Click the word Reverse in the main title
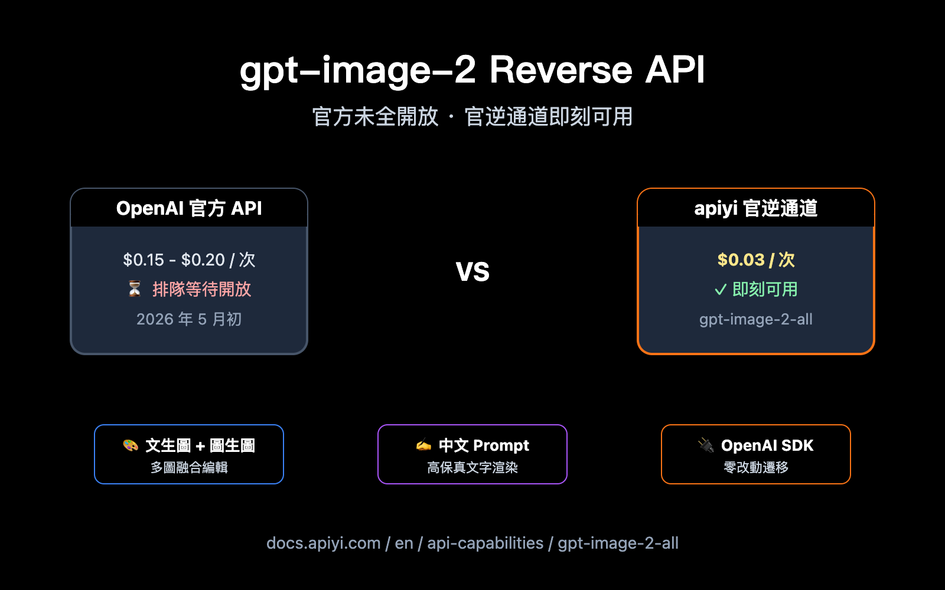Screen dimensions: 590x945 point(561,70)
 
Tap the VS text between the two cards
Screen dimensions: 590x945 point(472,272)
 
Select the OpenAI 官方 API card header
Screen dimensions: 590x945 point(189,208)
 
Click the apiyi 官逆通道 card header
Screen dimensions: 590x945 point(755,208)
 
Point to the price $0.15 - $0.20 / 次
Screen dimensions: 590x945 point(189,260)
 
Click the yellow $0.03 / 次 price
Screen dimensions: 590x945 point(756,260)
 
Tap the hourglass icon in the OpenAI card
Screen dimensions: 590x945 point(135,289)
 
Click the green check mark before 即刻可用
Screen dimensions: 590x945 point(720,290)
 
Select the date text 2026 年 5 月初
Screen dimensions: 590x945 point(189,319)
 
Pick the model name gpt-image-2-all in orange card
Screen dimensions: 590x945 point(756,319)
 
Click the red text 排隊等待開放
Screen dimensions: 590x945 point(201,289)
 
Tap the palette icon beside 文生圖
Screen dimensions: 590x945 point(131,445)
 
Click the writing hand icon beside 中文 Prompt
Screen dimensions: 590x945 point(423,445)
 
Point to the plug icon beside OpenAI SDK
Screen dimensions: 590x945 point(706,445)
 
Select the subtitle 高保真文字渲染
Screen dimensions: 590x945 point(472,468)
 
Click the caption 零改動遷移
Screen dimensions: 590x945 point(756,468)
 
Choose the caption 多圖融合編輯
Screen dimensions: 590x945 point(189,468)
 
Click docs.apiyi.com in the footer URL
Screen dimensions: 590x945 point(323,543)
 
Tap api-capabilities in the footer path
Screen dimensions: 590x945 point(485,543)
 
